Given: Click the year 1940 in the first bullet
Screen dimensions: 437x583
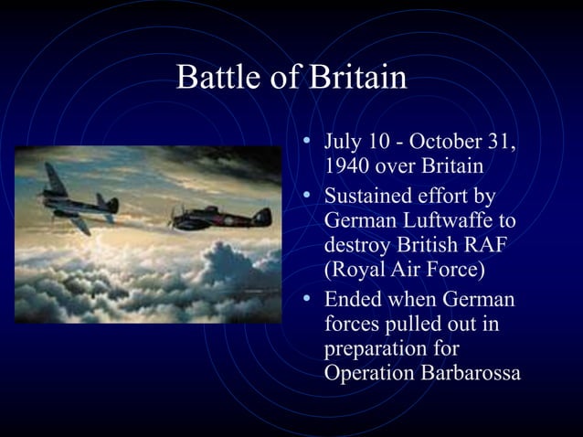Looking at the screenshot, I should tap(345, 167).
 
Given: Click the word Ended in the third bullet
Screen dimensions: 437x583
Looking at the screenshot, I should tap(352, 300).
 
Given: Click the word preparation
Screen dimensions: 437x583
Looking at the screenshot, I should tap(376, 349).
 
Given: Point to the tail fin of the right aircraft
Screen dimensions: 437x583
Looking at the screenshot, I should tap(262, 216).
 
